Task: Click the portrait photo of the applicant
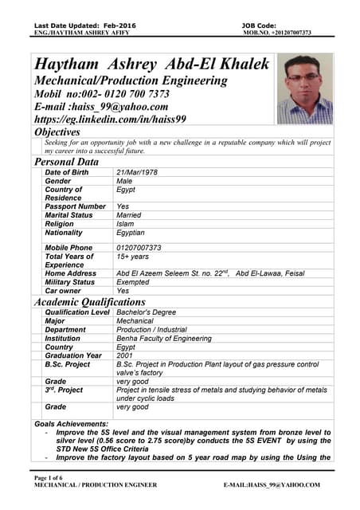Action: click(305, 88)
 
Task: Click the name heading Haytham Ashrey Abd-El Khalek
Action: click(152, 65)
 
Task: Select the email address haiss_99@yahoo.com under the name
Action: click(119, 107)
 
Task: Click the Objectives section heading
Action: click(57, 131)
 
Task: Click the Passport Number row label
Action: click(76, 206)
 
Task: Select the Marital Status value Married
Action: click(128, 215)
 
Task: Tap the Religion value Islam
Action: click(126, 224)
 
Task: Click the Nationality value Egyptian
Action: click(131, 233)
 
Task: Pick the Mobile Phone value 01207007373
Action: click(139, 248)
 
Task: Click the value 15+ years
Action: click(133, 257)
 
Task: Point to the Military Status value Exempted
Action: click(134, 282)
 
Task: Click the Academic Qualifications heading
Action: click(89, 302)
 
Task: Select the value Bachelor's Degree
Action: click(147, 312)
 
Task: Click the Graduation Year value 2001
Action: click(125, 355)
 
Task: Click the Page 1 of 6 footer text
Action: click(53, 477)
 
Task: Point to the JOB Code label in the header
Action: click(259, 25)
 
